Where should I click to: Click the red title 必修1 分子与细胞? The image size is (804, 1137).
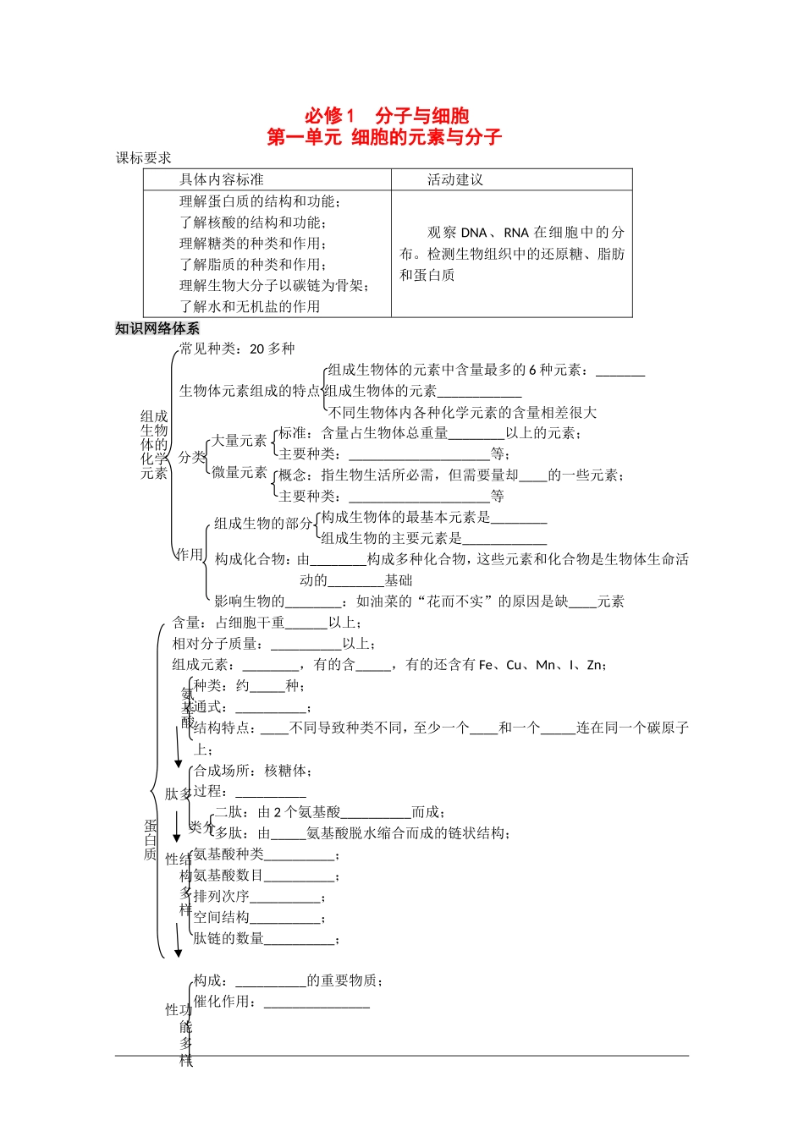[x=386, y=116]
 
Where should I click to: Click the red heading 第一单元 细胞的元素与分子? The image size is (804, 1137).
[x=384, y=137]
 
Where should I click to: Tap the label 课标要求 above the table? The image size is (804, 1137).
[x=144, y=158]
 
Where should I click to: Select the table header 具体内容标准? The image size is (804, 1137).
[x=221, y=179]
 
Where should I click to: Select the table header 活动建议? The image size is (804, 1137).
[x=454, y=179]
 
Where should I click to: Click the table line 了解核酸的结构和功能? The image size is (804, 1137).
[x=252, y=222]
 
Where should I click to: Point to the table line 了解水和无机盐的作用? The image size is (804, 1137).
[x=250, y=306]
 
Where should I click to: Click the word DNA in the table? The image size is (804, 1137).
[x=474, y=233]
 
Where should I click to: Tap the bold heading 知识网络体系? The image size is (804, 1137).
[x=157, y=328]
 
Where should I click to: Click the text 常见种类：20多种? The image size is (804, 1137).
[x=237, y=349]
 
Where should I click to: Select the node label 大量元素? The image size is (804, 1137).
[x=239, y=440]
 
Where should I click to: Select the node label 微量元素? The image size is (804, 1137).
[x=239, y=472]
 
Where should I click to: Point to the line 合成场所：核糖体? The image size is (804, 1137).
[x=253, y=771]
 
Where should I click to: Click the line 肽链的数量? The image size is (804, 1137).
[x=266, y=938]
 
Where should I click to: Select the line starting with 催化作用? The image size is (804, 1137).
[x=281, y=1002]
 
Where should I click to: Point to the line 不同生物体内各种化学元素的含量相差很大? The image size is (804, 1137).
[x=462, y=413]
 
